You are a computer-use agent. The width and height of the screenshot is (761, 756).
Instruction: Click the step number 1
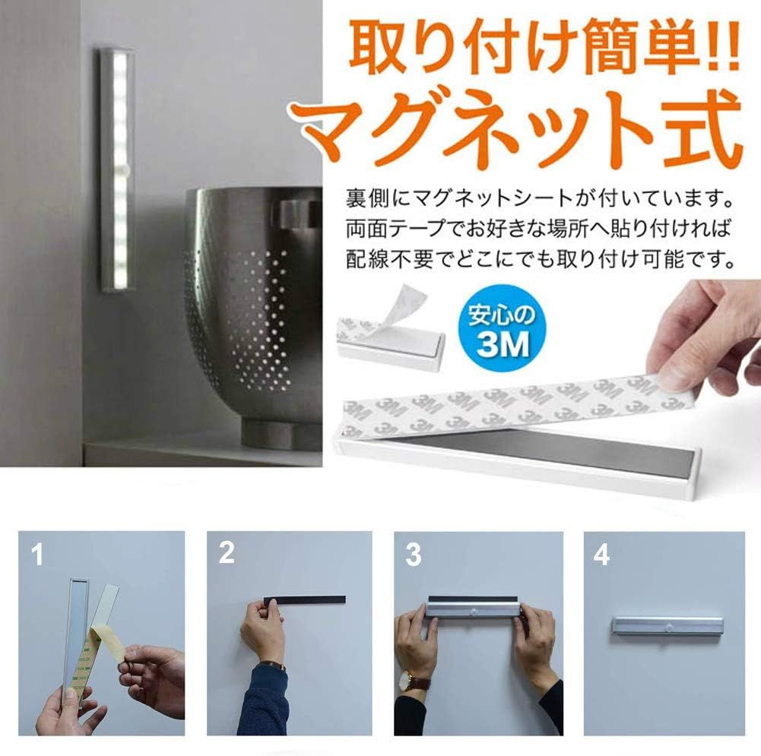click(37, 554)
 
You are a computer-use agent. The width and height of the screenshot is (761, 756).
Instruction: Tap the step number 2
click(227, 553)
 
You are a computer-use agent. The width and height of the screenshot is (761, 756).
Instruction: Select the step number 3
click(414, 554)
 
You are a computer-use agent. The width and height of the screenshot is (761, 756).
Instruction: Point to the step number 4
click(602, 554)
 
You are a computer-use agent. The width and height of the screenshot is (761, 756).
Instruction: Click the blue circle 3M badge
click(503, 328)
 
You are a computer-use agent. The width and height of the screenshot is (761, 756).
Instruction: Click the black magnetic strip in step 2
click(305, 600)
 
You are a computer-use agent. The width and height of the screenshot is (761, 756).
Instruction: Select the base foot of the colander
click(282, 435)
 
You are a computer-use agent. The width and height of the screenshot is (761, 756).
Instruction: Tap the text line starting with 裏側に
click(539, 198)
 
